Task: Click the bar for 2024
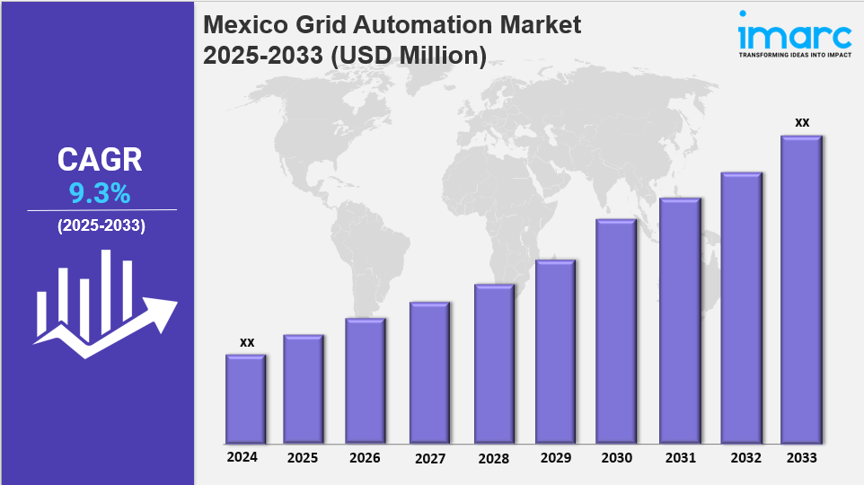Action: [x=245, y=399]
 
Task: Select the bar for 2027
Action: [x=429, y=373]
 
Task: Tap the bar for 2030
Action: [x=616, y=331]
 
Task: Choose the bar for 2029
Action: [x=555, y=352]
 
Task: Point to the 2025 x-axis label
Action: [x=303, y=458]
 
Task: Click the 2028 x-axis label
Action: [x=492, y=458]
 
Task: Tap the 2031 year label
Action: [x=680, y=458]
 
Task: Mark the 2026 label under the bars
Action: [x=365, y=458]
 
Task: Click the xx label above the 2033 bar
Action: [x=802, y=122]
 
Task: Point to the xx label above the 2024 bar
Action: [x=247, y=342]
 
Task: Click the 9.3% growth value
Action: [x=100, y=193]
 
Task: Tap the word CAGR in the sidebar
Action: [x=100, y=160]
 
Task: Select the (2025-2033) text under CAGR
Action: [x=101, y=226]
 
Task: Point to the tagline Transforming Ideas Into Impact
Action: [x=794, y=55]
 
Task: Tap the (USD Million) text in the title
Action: [x=410, y=56]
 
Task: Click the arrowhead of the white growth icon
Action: [x=164, y=311]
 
